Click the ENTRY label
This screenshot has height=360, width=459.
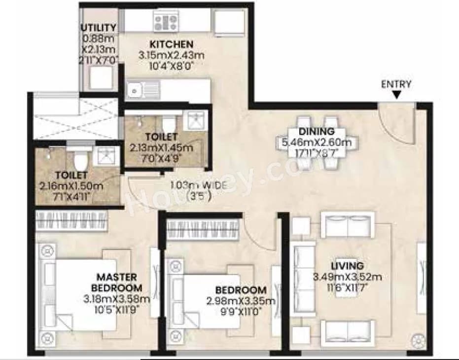396,84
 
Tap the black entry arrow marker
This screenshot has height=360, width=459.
396,94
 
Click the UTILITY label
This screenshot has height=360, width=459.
99,28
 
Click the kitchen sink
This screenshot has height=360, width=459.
135,90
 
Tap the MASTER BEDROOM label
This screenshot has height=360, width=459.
117,283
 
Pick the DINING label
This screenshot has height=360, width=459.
317,132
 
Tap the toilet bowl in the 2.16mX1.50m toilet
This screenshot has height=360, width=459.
79,159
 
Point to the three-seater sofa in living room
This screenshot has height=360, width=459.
301,275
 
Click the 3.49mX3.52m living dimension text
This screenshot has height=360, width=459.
347,277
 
